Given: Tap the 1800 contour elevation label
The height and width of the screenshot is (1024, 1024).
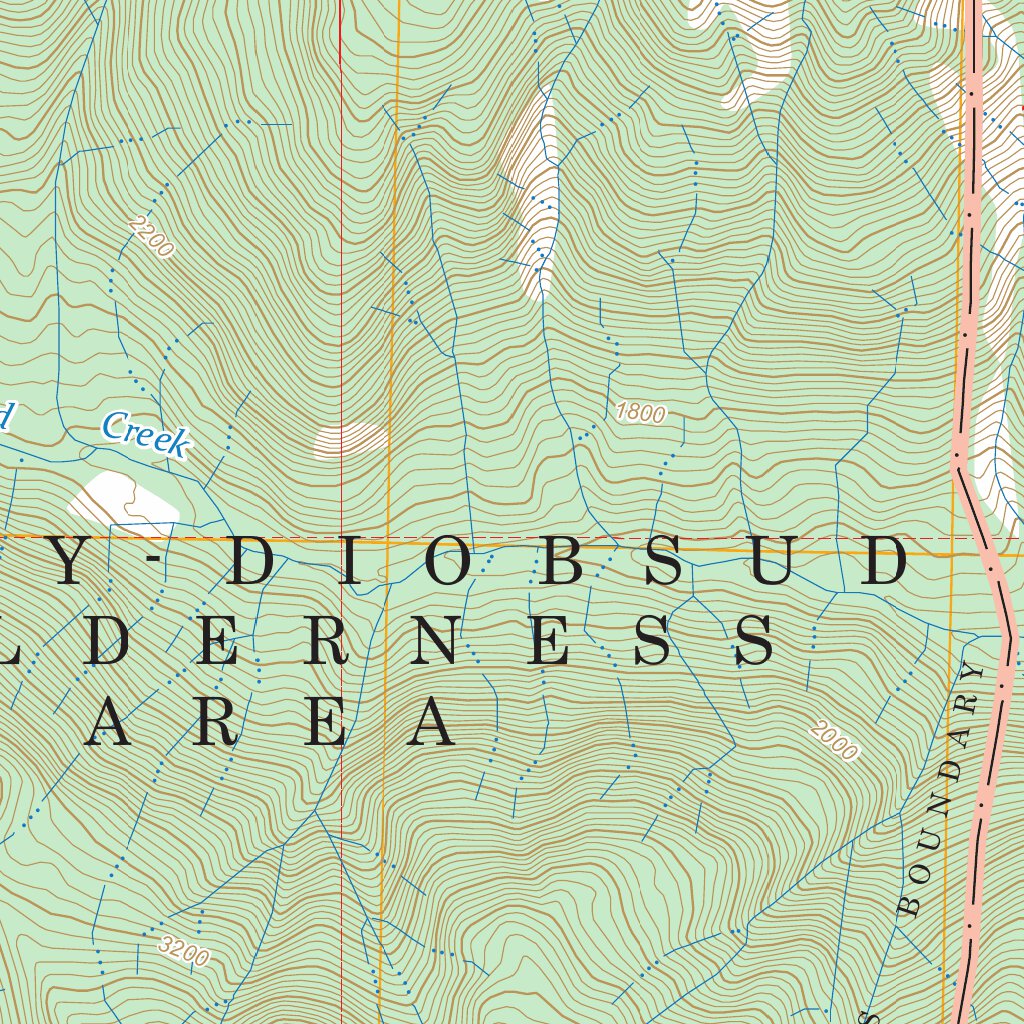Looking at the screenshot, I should tap(640, 412).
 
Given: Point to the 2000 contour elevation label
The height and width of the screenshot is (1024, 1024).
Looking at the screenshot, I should tap(835, 741).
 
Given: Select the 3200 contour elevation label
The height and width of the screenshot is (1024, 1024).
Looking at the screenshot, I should tap(184, 951).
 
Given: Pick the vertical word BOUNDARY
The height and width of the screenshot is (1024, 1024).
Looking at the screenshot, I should tap(942, 789).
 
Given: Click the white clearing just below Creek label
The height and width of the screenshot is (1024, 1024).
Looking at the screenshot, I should tap(122, 497).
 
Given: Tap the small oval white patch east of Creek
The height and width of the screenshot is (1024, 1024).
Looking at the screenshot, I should tap(350, 440).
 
